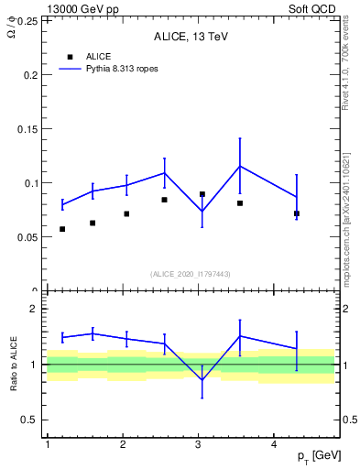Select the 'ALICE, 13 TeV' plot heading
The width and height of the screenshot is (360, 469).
(191, 38)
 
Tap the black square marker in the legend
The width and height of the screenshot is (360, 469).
(71, 57)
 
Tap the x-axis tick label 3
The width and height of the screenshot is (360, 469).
(199, 443)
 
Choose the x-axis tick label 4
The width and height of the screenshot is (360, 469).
(275, 443)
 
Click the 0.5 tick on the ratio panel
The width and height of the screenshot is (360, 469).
(31, 420)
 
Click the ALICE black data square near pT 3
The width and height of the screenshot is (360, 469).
(202, 194)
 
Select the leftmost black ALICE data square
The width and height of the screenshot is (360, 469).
(62, 229)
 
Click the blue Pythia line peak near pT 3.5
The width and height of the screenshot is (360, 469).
(240, 166)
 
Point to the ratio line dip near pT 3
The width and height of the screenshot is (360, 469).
(202, 379)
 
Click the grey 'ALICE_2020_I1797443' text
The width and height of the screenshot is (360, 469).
(191, 274)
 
